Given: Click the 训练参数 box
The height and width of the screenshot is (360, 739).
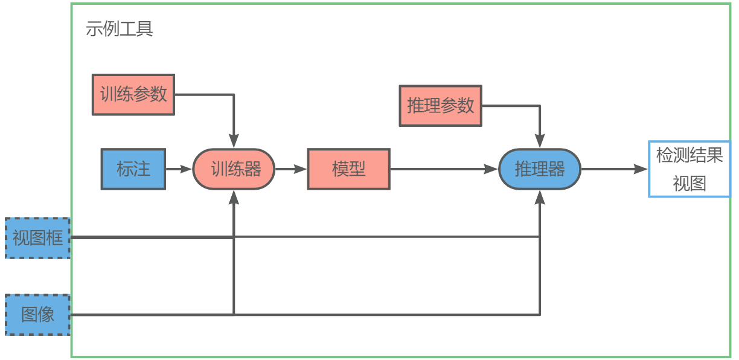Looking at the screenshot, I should coord(133,95).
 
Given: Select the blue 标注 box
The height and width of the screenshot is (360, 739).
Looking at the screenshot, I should coord(133,169).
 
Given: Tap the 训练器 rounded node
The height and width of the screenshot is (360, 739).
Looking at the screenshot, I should coord(234,169).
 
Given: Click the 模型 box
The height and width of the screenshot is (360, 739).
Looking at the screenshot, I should coord(348,169).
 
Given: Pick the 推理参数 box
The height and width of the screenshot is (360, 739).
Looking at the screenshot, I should coord(440,106).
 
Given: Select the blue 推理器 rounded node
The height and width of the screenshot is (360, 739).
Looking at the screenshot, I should coord(539,169).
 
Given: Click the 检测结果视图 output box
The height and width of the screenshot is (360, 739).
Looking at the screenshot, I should coord(689,169).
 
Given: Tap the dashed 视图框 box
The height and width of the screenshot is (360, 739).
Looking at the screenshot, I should coord(37,238).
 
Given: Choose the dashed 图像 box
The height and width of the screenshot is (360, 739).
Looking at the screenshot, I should coord(37,315).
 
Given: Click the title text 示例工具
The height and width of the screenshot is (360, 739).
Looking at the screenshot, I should coord(119,28).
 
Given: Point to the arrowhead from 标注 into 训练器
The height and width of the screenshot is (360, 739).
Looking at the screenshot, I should coord(186,169).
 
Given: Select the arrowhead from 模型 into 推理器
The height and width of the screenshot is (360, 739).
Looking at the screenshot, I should coord(492,169).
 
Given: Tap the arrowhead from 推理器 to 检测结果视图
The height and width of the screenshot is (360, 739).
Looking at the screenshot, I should coord(641,169).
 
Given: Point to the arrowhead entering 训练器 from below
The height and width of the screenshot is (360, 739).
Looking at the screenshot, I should coord(234,197).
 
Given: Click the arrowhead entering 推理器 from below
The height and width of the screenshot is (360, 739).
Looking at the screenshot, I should coord(540,197).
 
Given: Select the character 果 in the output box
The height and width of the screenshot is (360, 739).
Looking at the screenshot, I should coord(715,156).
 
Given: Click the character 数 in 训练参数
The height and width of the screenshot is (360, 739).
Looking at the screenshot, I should coord(159,95).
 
